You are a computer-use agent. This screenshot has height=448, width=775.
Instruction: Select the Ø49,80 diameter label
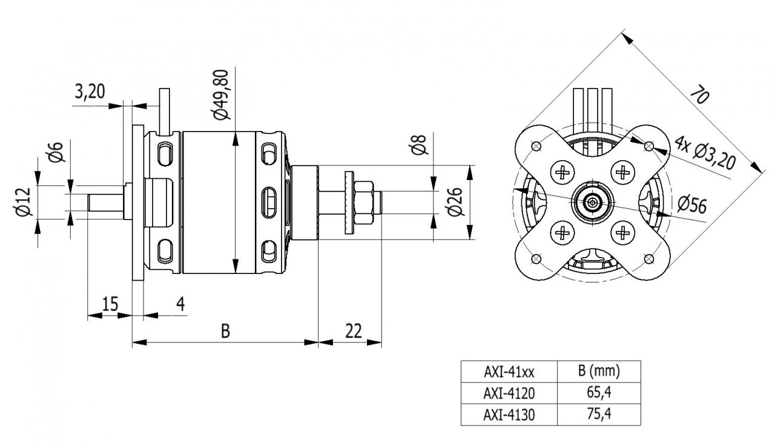click(220, 95)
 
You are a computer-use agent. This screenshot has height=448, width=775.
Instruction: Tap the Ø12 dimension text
click(22, 202)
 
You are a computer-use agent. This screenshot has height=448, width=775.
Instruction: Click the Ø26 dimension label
click(456, 202)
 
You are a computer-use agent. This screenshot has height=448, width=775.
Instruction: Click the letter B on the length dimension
click(225, 331)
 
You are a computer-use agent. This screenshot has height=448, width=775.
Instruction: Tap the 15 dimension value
click(110, 303)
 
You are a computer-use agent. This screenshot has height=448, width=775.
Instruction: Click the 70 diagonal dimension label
click(699, 95)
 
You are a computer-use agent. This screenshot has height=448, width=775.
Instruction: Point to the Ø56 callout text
click(692, 205)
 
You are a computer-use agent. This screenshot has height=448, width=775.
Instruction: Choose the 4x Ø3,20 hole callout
click(705, 154)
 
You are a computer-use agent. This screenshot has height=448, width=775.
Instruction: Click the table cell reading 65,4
click(599, 392)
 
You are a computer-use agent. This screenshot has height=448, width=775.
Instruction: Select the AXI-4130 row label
click(509, 415)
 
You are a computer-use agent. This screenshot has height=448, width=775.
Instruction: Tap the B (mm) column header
click(599, 370)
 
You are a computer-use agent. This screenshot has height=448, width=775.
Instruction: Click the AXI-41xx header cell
click(509, 370)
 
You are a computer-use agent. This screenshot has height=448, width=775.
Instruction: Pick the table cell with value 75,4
click(599, 415)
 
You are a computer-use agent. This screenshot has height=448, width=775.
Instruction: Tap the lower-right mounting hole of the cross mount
click(649, 259)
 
